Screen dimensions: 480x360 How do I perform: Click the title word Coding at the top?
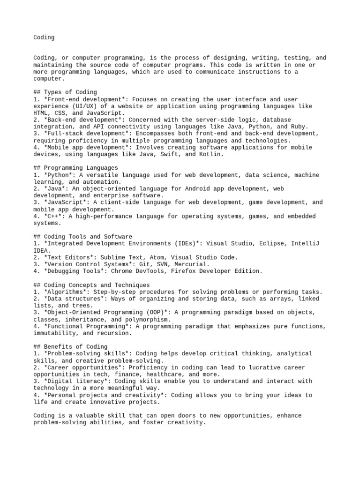click(x=44, y=37)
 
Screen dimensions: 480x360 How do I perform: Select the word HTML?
click(x=40, y=113)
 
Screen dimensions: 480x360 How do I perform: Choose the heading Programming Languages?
click(x=80, y=168)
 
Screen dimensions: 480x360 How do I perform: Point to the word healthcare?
click(x=164, y=375)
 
